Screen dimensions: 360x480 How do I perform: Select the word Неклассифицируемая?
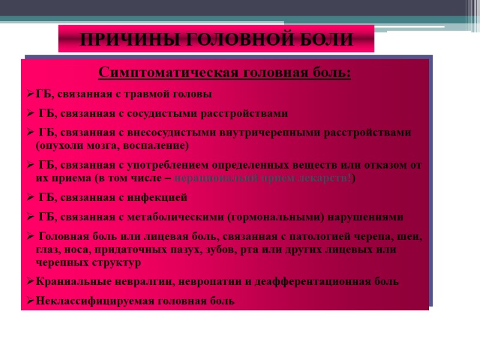coord(85,301)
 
